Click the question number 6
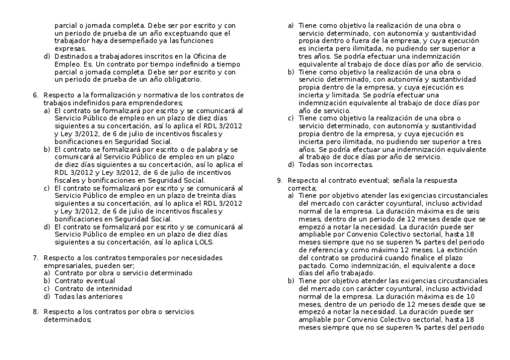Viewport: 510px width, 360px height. [x=35, y=95]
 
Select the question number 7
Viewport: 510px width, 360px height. [x=35, y=257]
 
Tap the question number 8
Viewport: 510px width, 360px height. [x=35, y=311]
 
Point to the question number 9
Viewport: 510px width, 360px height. [x=279, y=180]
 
